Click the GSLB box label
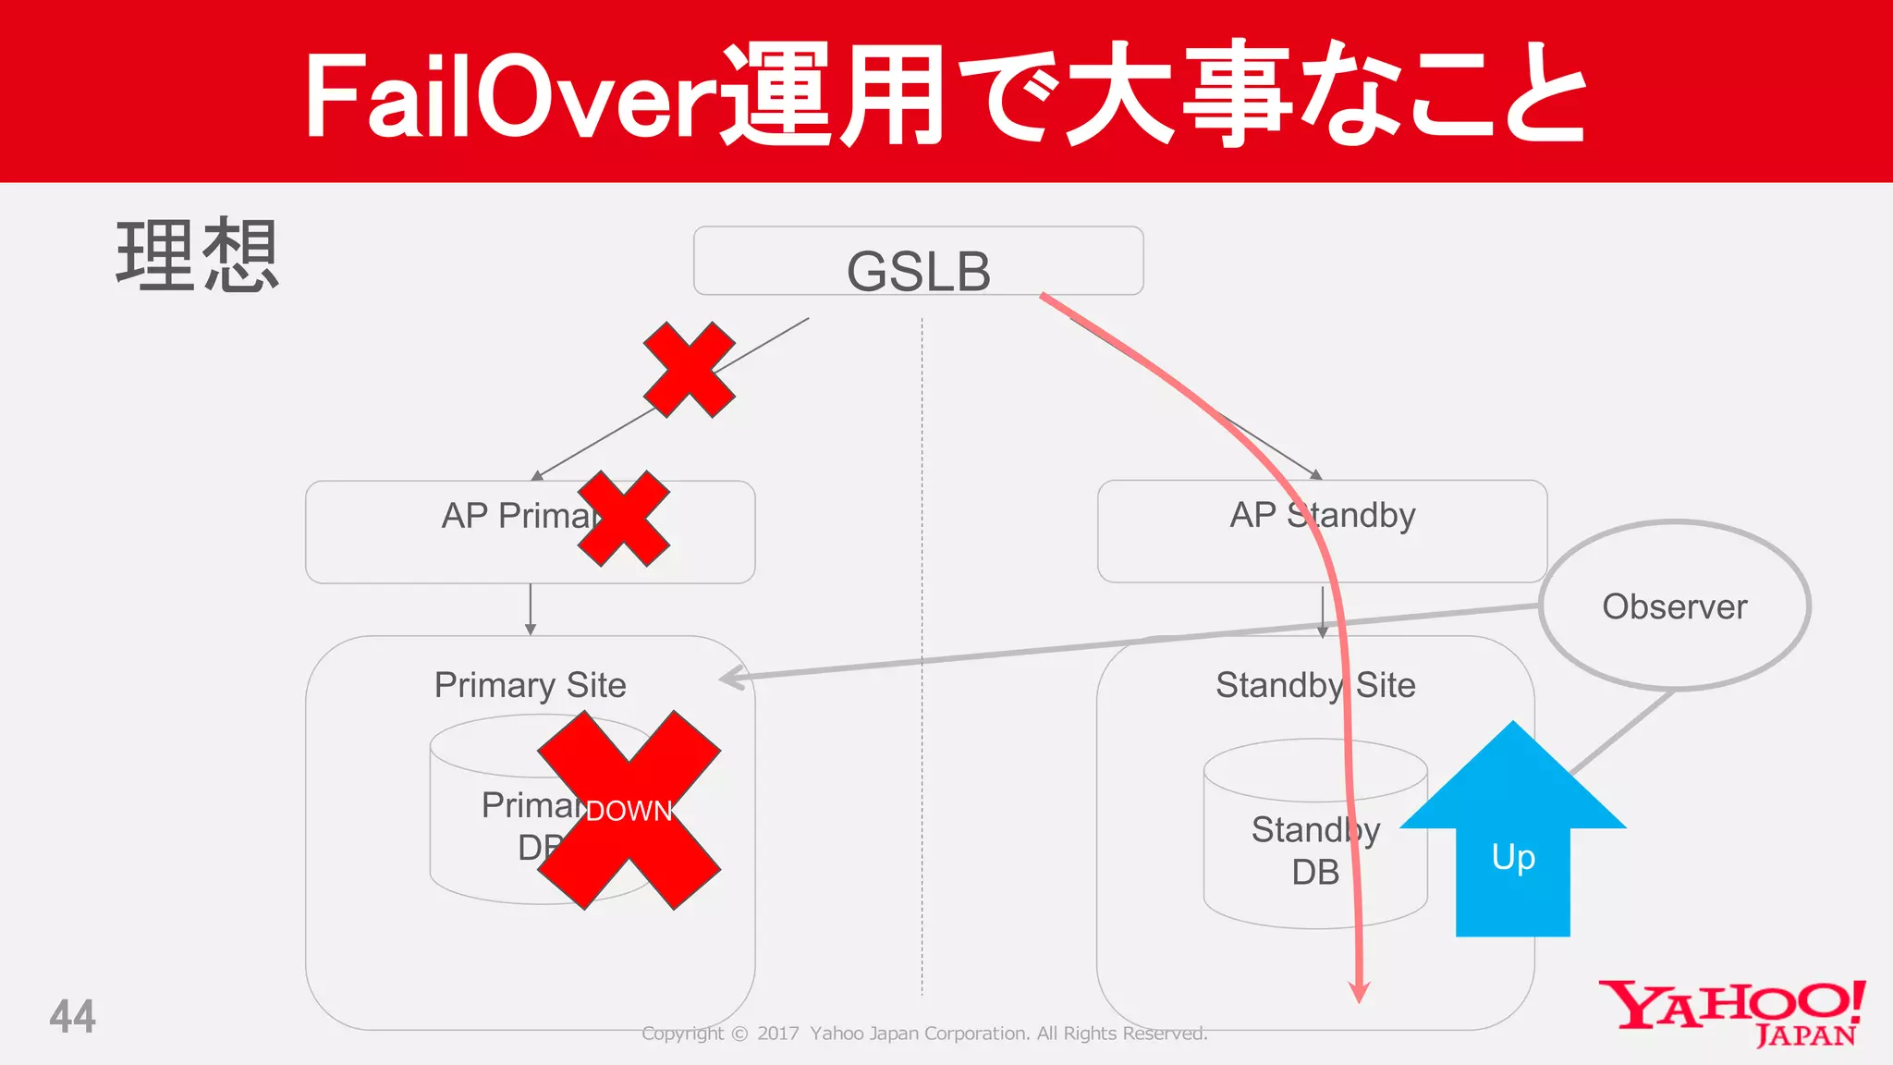918,271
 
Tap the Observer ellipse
1674,606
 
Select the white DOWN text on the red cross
629,811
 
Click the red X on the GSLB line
690,370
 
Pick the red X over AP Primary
623,519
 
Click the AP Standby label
1322,515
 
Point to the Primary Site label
530,685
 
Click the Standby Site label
1314,685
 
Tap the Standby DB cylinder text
1314,851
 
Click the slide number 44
72,1017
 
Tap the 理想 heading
196,256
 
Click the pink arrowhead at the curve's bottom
1359,992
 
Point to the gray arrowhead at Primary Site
732,678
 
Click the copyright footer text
924,1034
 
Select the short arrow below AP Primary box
530,609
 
